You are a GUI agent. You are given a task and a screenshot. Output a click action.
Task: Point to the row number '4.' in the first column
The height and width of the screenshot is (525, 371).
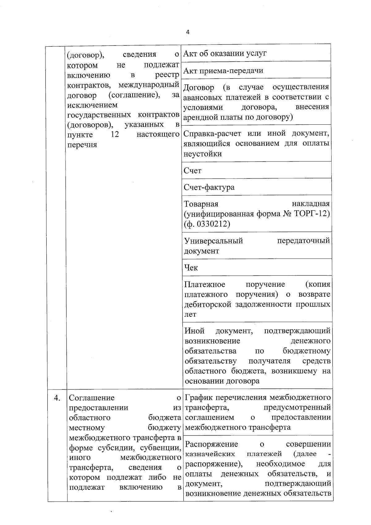tap(57, 398)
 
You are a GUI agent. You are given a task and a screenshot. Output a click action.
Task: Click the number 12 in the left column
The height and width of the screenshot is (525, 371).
tap(115, 135)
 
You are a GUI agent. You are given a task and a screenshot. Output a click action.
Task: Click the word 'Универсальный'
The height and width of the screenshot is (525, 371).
tap(213, 241)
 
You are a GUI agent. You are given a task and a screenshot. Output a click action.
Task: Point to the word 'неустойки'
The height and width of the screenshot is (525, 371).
tap(203, 154)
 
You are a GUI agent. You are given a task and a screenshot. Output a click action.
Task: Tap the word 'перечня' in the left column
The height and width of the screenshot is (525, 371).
tap(82, 145)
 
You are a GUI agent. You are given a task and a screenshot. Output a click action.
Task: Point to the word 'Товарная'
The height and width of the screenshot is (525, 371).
tap(201, 204)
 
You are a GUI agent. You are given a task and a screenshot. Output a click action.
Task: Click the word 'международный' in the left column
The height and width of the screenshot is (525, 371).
tap(149, 85)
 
